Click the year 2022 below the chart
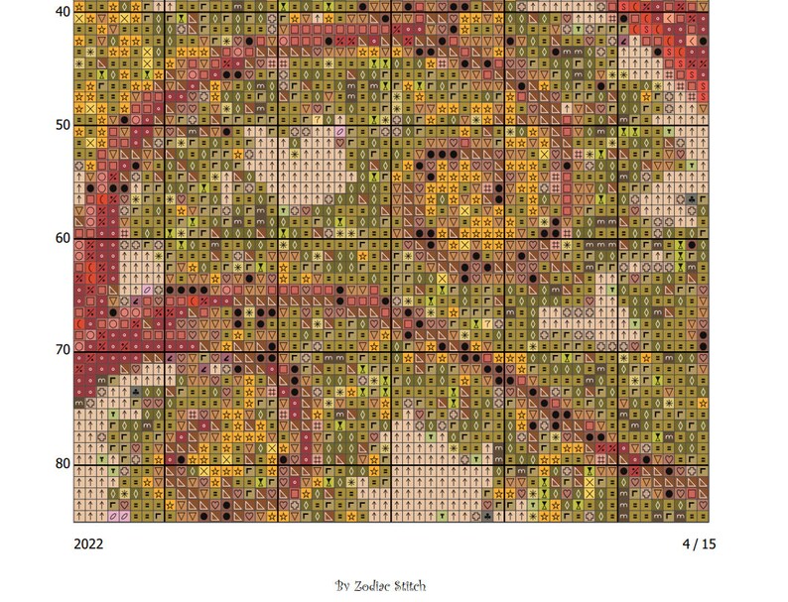click(88, 543)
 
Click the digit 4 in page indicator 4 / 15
click(686, 543)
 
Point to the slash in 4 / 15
click(695, 543)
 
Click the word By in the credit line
click(342, 586)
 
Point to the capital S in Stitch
click(401, 586)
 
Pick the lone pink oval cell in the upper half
click(340, 131)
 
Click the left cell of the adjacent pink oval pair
click(112, 515)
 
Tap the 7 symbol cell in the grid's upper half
click(318, 119)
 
